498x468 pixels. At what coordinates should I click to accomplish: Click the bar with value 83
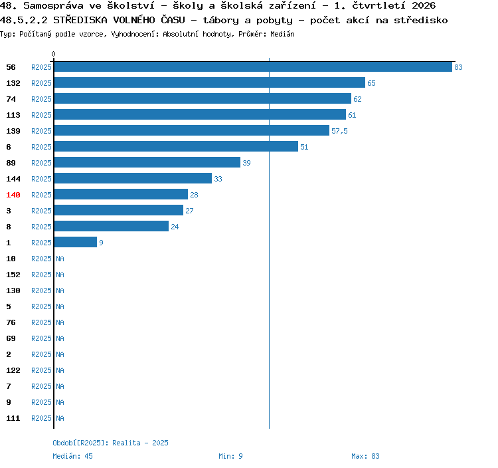253,66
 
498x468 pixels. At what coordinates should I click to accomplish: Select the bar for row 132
210,82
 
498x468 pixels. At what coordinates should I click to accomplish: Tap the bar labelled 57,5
192,130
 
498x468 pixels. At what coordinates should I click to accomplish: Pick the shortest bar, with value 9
76,242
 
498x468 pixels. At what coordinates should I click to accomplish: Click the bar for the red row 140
121,194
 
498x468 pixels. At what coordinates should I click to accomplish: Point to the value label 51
304,147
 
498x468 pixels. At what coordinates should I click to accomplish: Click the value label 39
246,163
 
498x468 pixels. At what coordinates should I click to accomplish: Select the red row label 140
13,195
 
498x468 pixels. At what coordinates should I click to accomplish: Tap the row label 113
13,115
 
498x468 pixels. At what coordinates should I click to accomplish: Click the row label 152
13,275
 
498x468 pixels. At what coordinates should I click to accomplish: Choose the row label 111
13,418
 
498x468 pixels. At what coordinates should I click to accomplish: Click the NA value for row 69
60,338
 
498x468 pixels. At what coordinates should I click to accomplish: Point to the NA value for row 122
60,370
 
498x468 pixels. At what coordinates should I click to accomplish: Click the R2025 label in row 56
41,67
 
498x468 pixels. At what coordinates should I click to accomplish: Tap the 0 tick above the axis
53,54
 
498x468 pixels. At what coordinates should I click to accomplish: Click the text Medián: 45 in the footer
73,456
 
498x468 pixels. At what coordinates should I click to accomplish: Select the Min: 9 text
230,456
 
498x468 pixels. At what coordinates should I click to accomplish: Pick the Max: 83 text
365,456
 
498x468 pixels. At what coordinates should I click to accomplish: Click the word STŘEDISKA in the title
80,20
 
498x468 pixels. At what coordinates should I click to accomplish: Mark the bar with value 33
133,178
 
